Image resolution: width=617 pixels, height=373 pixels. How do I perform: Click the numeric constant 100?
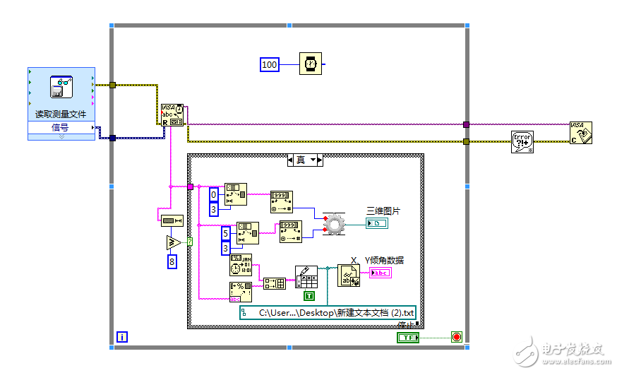tap(270, 65)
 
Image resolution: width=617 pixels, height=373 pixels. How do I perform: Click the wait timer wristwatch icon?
tap(310, 64)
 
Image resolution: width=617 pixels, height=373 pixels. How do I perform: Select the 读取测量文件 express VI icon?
tap(61, 87)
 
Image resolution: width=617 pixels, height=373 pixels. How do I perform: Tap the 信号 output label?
tap(61, 127)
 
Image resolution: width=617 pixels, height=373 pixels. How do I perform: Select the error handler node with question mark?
tap(522, 142)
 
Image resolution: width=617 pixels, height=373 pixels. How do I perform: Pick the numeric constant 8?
tap(172, 262)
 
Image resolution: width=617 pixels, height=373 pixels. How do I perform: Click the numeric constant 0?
tap(215, 194)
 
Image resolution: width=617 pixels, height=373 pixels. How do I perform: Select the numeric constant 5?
tap(226, 233)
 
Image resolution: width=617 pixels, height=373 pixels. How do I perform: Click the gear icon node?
tap(333, 223)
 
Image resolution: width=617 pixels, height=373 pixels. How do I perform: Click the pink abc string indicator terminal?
tap(380, 273)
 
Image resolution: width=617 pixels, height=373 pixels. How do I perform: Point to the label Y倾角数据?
tap(384, 260)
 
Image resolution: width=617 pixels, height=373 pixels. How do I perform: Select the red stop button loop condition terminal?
tap(456, 338)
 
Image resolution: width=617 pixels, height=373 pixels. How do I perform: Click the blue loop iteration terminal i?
tap(122, 338)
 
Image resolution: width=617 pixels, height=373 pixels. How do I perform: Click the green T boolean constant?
tap(308, 295)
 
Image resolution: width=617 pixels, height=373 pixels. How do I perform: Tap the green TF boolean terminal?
tap(407, 338)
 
